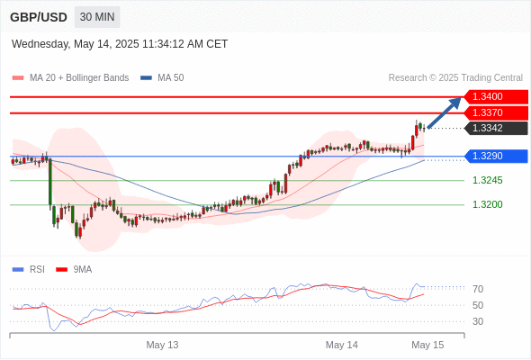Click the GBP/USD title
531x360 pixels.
click(39, 17)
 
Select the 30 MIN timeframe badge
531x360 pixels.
click(97, 17)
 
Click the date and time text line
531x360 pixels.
click(120, 44)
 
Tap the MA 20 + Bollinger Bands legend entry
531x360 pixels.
click(70, 78)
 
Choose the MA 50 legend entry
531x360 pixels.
click(162, 78)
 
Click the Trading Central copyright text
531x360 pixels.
click(455, 78)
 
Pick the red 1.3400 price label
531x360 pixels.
click(496, 96)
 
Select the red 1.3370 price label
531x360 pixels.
click(496, 112)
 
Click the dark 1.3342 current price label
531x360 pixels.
click(496, 128)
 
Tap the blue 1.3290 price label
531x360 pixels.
click(496, 156)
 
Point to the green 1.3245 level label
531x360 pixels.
click(487, 180)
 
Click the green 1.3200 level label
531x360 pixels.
click(487, 204)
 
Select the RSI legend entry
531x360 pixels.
click(29, 270)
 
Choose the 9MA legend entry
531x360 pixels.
click(74, 270)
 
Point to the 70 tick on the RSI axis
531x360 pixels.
click(478, 289)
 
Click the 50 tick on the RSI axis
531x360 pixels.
click(478, 305)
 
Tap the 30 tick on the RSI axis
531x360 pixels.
click(478, 321)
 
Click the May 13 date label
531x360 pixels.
click(162, 345)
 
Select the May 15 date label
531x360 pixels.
click(427, 345)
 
